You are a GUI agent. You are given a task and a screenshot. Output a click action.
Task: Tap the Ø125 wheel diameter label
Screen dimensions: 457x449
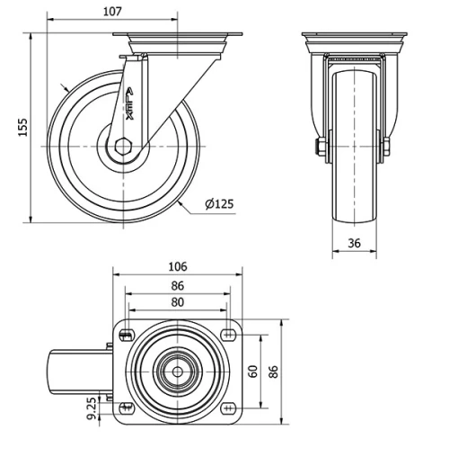click(x=218, y=204)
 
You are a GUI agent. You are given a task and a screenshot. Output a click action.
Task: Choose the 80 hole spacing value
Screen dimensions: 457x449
click(x=177, y=302)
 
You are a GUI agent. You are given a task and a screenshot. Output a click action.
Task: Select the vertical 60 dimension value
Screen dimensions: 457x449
click(x=254, y=370)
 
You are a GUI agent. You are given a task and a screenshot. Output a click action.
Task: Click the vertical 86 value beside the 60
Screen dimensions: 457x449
click(x=276, y=370)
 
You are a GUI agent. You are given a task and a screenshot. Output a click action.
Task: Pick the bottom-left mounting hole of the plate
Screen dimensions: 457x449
click(x=125, y=408)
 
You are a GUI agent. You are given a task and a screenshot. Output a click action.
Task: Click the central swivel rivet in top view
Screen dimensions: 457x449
click(x=177, y=371)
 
